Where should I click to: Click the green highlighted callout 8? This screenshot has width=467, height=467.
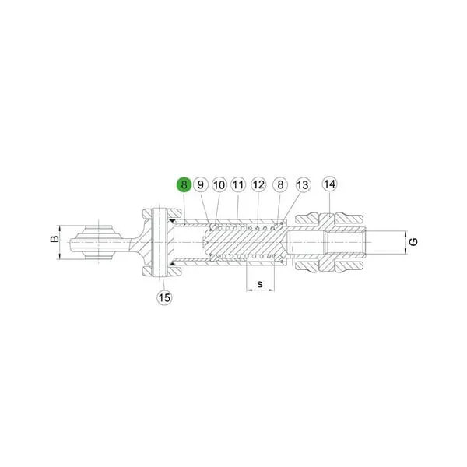click(184, 184)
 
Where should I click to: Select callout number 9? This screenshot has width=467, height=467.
click(201, 184)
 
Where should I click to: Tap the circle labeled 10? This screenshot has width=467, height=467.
click(219, 184)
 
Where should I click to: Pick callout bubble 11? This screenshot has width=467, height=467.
click(238, 184)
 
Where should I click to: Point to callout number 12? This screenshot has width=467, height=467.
click(258, 184)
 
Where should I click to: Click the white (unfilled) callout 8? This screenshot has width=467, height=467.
click(280, 184)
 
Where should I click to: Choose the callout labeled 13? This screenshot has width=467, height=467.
click(303, 184)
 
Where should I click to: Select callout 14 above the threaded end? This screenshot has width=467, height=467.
click(330, 184)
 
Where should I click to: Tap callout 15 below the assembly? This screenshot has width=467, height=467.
click(164, 297)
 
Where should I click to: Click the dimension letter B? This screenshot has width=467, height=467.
click(54, 239)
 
